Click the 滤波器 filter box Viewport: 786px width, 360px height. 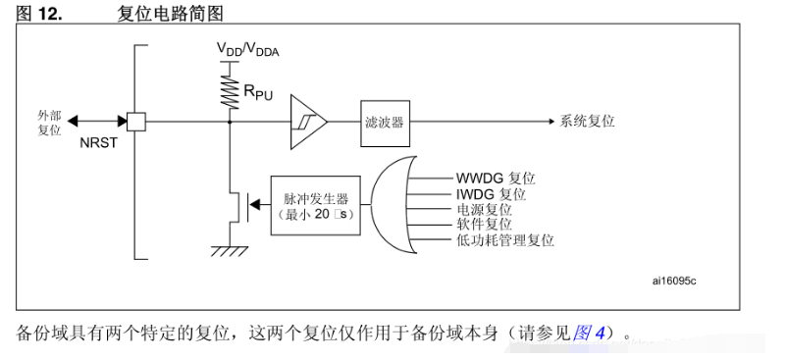385,124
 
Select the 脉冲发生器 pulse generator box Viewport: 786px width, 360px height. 315,205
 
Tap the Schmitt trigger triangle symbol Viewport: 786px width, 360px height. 308,122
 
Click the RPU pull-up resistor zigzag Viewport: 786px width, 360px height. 230,92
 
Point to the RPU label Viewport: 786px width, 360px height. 258,92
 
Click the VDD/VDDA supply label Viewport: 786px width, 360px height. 247,49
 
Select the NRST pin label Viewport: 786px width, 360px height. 98,143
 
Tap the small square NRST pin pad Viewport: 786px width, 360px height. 135,122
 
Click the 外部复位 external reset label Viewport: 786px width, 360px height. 50,124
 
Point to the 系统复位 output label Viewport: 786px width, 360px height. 587,122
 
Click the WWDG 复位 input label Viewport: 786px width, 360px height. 496,178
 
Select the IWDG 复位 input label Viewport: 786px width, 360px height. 491,193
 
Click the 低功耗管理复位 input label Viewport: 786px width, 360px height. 505,239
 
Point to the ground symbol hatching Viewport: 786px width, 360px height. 230,251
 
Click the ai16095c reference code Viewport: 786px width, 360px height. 674,281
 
